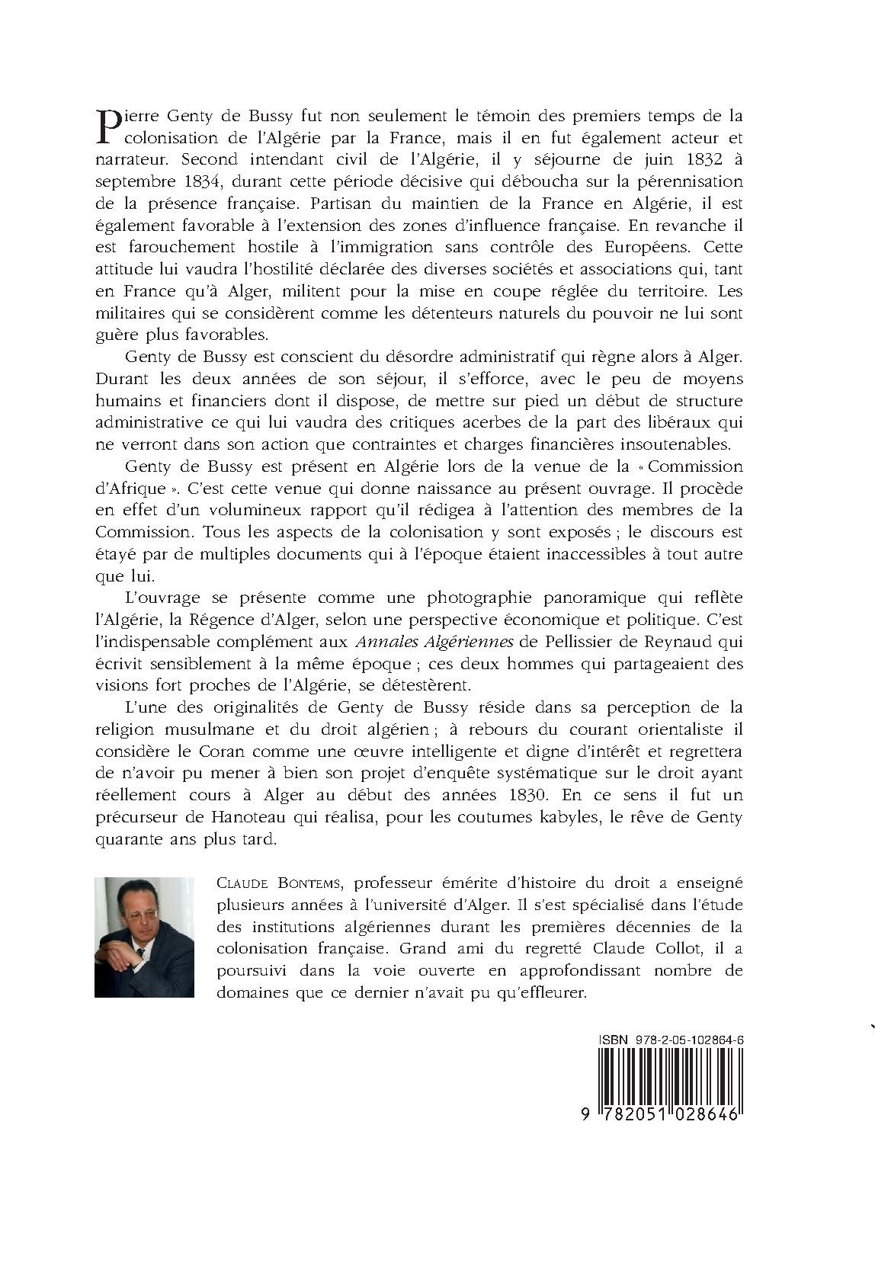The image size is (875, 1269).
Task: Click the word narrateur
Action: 128,161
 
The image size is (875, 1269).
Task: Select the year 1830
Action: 524,794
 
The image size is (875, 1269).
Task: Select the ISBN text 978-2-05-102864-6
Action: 691,1038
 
